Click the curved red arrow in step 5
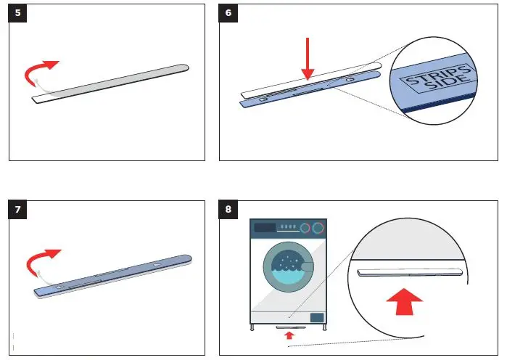coord(41,71)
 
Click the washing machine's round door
coord(288,264)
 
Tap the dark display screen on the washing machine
coord(265,228)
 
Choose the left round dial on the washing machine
coord(305,228)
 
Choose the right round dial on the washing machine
coord(317,228)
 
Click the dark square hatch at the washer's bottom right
coord(316,317)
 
